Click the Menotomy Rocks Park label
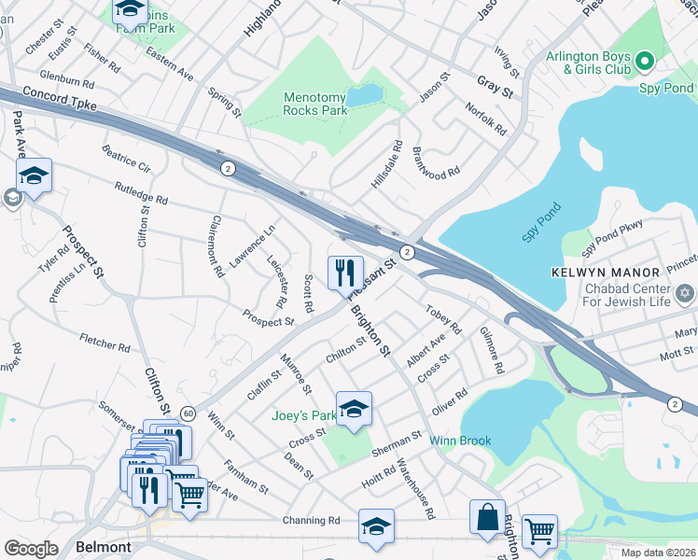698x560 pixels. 315,103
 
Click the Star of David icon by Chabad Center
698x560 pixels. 686,295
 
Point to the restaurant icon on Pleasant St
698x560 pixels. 345,272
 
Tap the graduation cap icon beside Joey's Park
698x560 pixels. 354,410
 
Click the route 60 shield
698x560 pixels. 188,413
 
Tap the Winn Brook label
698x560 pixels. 460,441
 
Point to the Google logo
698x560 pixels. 31,549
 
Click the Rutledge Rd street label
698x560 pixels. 141,193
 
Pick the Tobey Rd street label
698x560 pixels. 443,319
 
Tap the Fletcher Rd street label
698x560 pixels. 105,342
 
